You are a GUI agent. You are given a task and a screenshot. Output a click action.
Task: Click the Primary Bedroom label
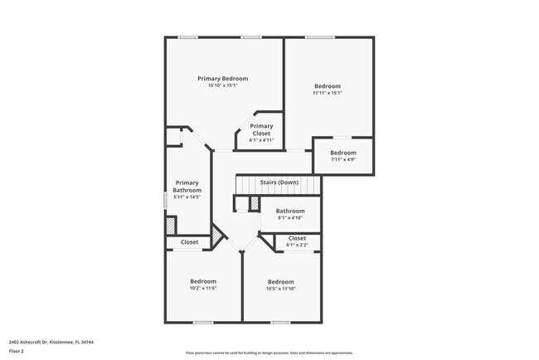[x=222, y=78]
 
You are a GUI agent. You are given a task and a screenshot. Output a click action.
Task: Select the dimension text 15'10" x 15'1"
[x=222, y=85]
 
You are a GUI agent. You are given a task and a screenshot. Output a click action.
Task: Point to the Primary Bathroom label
[x=187, y=186]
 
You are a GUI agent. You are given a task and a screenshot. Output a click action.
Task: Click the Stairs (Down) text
[x=279, y=182]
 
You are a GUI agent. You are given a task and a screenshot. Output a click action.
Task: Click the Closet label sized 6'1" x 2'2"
[x=297, y=238]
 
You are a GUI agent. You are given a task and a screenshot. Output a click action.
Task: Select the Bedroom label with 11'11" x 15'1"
[x=327, y=85]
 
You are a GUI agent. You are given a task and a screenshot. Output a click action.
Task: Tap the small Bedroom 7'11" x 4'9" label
[x=342, y=153]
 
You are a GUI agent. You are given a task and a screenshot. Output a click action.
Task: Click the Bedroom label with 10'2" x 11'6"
[x=203, y=281]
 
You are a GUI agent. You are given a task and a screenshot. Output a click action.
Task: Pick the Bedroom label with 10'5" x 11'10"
[x=280, y=281]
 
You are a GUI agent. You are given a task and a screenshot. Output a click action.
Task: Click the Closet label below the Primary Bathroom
[x=189, y=242]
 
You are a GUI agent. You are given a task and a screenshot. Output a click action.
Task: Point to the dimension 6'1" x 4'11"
[x=261, y=140]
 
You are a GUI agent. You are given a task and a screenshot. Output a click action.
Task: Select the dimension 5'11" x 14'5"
[x=187, y=197]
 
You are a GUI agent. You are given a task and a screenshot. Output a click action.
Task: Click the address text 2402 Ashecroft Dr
[x=51, y=341]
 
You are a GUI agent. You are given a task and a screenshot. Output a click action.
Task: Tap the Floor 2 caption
[x=17, y=352]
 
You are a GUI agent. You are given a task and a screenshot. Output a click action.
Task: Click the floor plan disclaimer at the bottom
[x=269, y=353]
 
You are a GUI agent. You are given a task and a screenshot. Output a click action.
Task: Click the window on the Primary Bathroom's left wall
[x=165, y=201]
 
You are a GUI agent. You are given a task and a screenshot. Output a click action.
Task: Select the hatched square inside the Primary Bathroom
[x=170, y=225]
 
